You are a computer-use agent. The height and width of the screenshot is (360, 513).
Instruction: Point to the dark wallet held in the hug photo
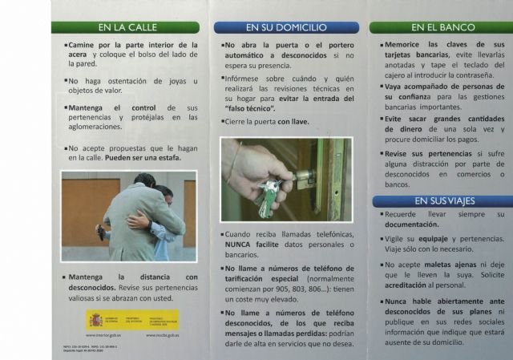[101, 233]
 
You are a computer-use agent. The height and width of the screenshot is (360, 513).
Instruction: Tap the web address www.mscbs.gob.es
[161, 334]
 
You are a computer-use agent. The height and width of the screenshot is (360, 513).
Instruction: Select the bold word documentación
[410, 224]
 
